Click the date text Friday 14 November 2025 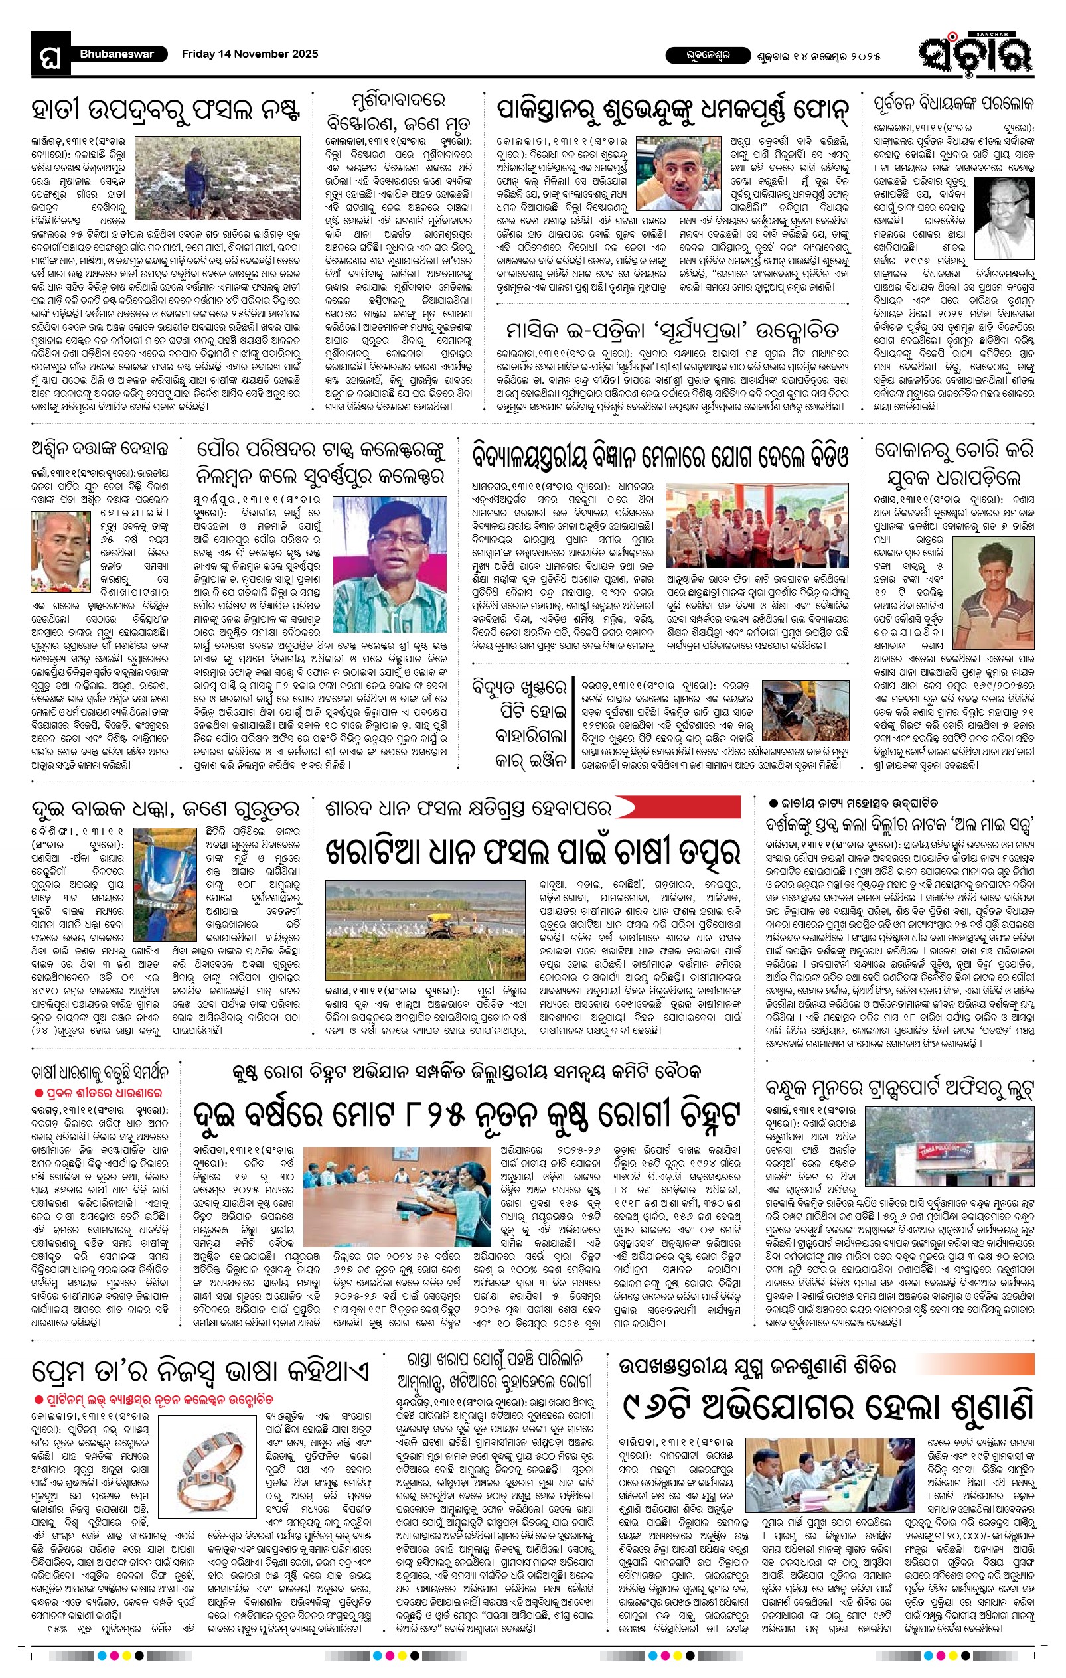coord(250,54)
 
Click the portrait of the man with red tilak coord(60,551)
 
